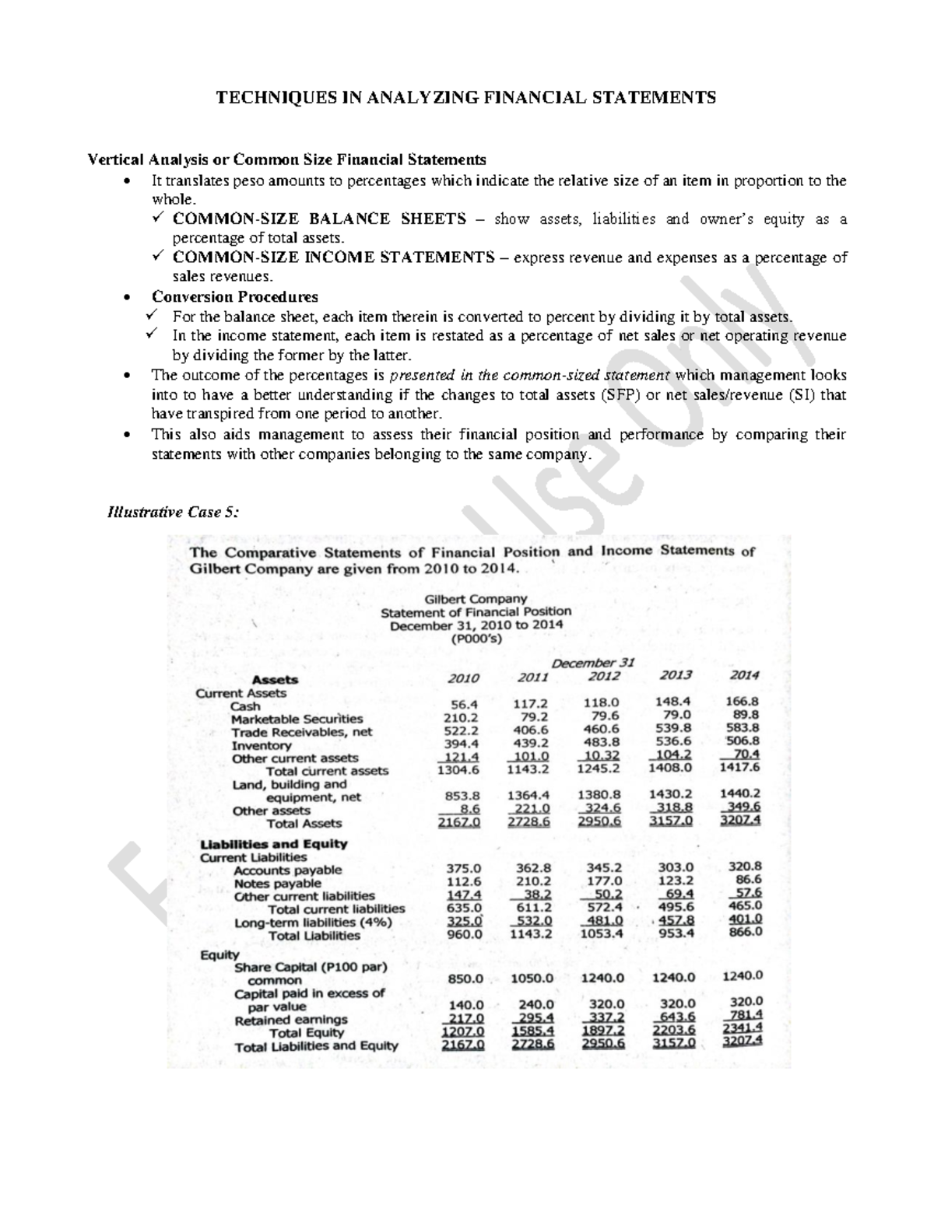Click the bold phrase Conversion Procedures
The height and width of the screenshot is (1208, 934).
click(235, 297)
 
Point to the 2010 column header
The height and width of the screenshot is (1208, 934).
click(463, 678)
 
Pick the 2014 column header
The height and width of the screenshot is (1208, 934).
click(744, 674)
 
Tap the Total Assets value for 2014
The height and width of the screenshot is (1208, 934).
click(741, 820)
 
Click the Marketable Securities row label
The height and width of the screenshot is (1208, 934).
click(297, 719)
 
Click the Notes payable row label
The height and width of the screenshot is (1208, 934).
click(277, 884)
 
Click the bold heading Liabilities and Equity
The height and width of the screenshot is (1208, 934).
click(274, 844)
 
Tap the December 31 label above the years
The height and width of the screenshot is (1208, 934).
click(594, 663)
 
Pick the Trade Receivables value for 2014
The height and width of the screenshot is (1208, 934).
click(743, 727)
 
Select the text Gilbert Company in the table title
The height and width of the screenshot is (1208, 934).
click(476, 599)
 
